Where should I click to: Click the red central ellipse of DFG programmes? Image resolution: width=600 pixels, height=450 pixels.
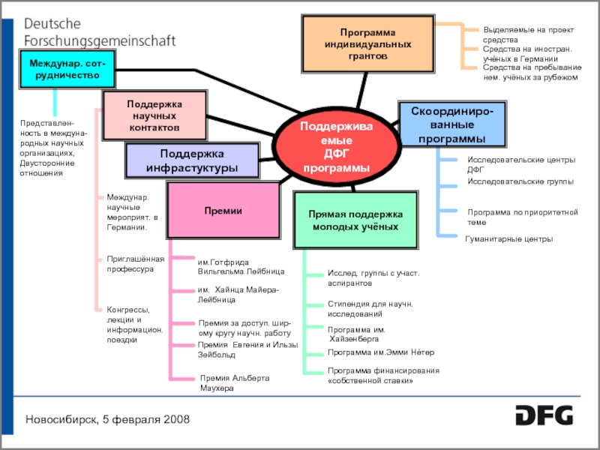pyautogui.click(x=336, y=147)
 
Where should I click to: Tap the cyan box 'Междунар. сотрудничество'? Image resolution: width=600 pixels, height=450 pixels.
pyautogui.click(x=67, y=70)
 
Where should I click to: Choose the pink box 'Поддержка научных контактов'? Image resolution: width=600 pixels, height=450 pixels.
pyautogui.click(x=154, y=116)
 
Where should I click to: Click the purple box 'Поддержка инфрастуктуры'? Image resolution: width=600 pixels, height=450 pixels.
pyautogui.click(x=193, y=160)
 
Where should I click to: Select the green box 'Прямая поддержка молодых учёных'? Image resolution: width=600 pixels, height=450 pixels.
pyautogui.click(x=355, y=220)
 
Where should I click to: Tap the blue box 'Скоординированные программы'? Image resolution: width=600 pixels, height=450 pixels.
pyautogui.click(x=452, y=125)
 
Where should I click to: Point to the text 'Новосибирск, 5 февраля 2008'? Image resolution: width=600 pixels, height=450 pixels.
pyautogui.click(x=108, y=418)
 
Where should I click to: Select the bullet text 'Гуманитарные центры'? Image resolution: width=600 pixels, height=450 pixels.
pyautogui.click(x=509, y=239)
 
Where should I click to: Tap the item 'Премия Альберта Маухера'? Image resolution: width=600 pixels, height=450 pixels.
pyautogui.click(x=233, y=383)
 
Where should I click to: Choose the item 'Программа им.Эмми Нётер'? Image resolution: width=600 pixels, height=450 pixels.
pyautogui.click(x=380, y=352)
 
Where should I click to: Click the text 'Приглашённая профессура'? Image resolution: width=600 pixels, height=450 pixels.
pyautogui.click(x=135, y=263)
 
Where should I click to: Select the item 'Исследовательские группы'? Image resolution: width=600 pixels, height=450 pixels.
pyautogui.click(x=520, y=181)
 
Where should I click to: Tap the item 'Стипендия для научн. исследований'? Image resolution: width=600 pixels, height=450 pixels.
pyautogui.click(x=370, y=308)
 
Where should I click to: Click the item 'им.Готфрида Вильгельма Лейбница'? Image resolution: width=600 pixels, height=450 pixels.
pyautogui.click(x=241, y=267)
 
